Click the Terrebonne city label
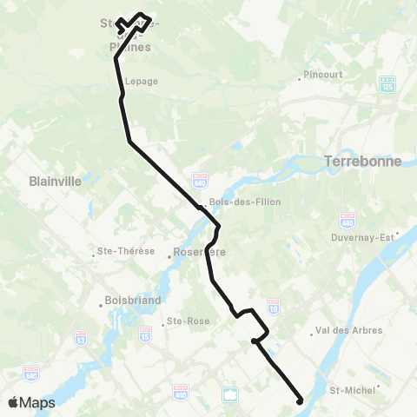pos(361,161)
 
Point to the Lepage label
pos(141,81)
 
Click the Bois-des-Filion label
pos(234,202)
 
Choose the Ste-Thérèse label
pos(127,252)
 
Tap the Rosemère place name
pos(200,252)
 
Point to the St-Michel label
pos(354,390)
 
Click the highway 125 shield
pos(387,86)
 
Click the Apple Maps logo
pos(30,402)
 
